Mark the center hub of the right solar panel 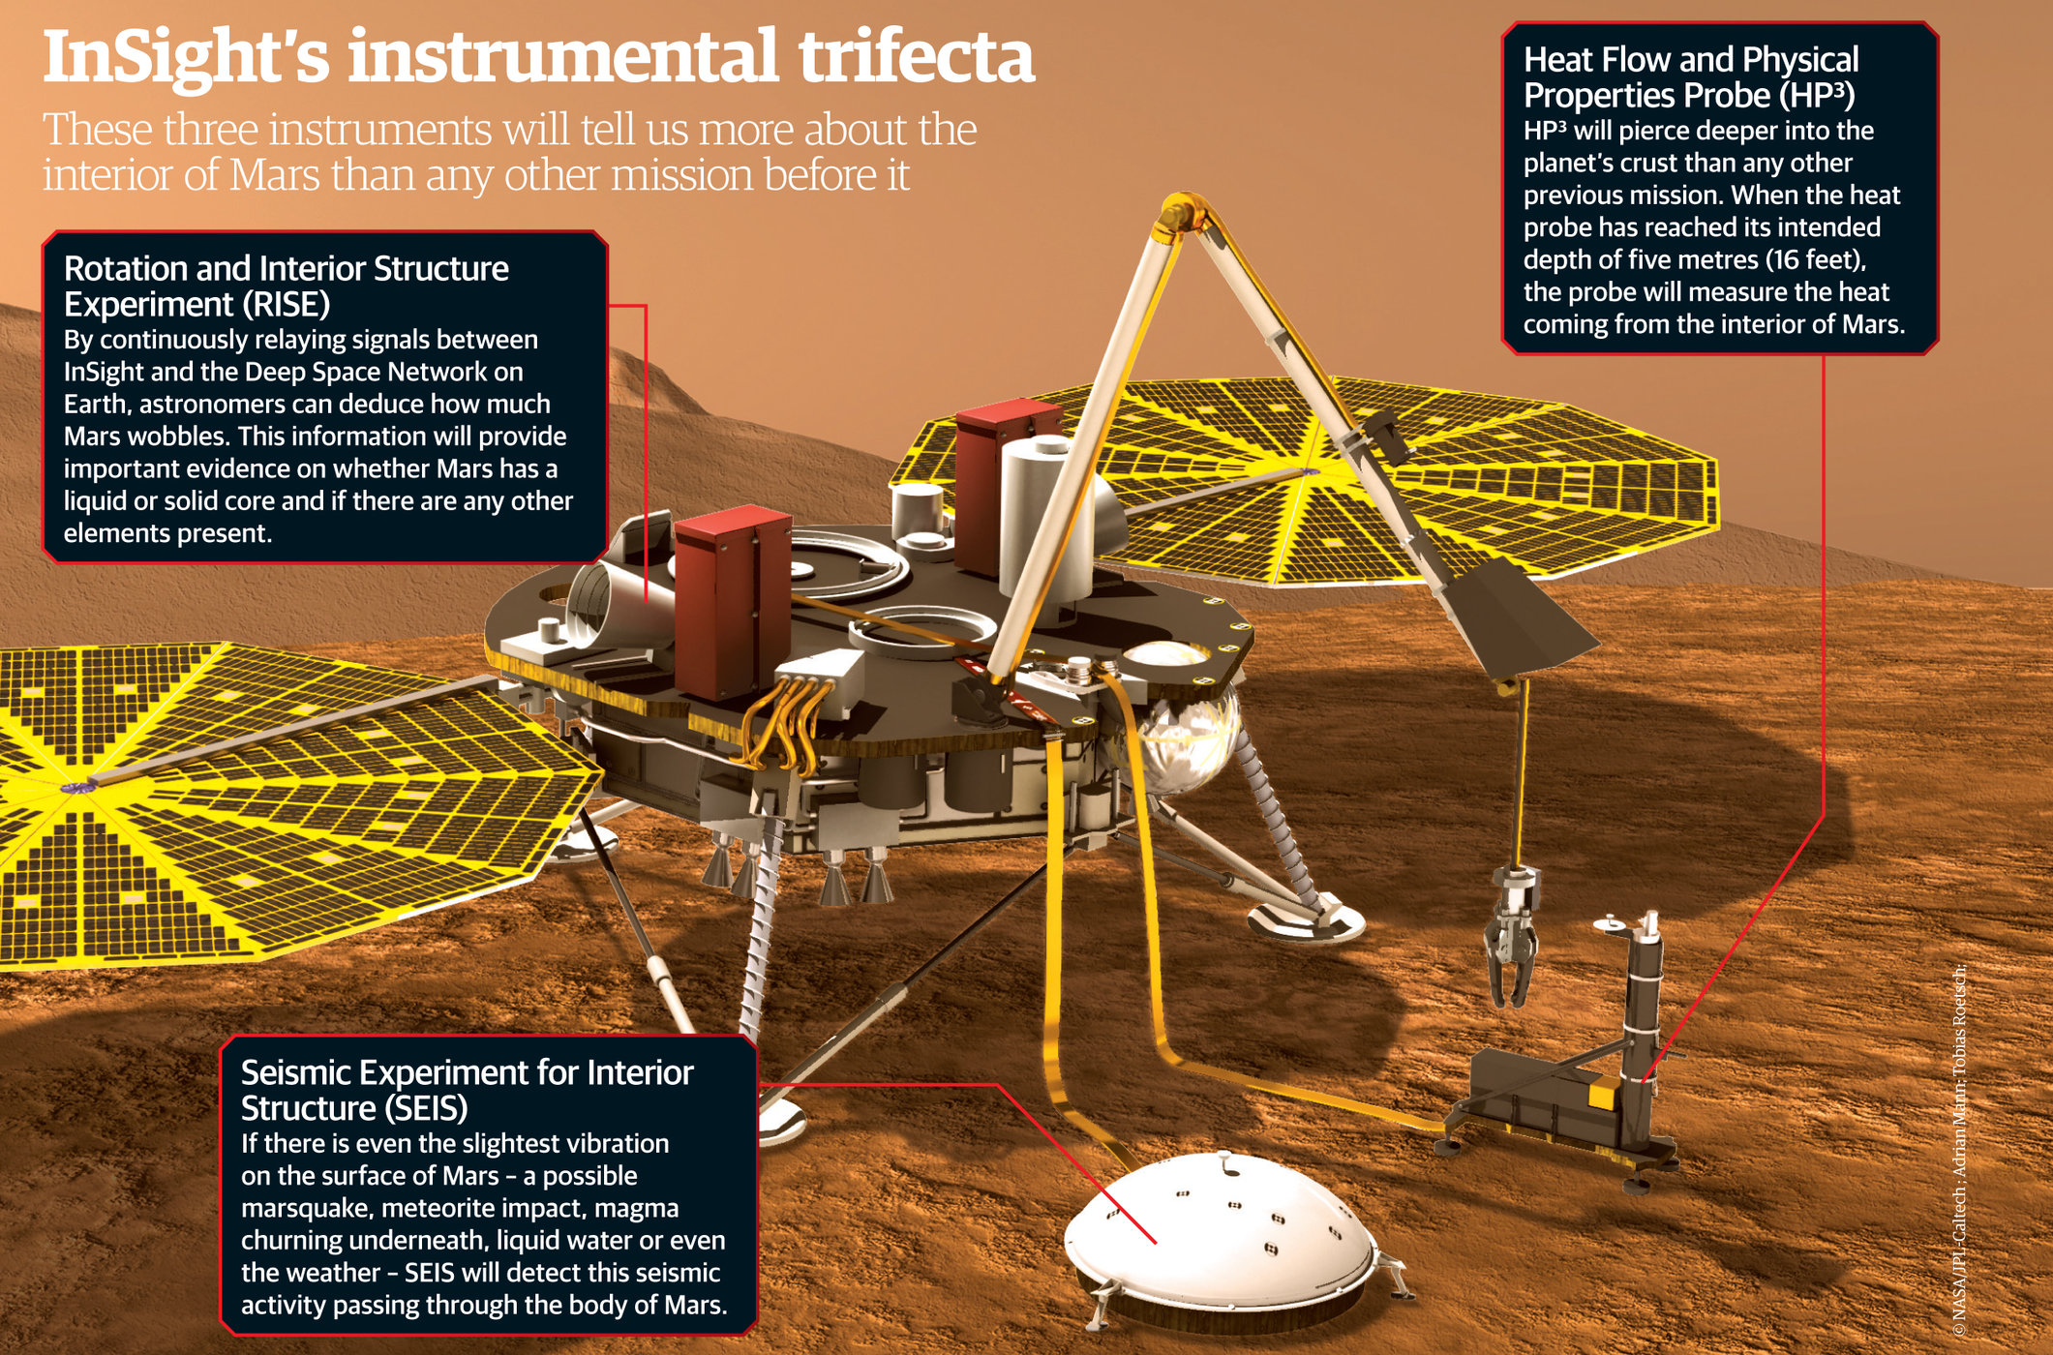coord(1306,472)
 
